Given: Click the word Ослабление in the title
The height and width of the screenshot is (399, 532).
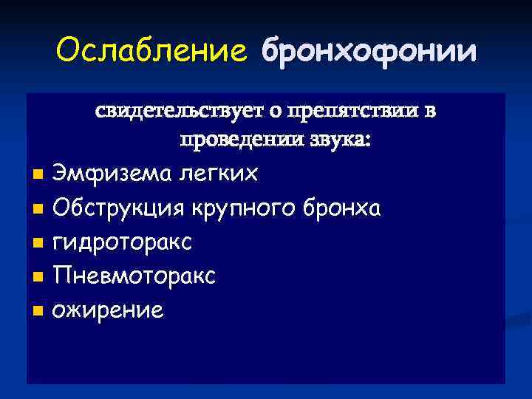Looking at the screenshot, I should coord(151,52).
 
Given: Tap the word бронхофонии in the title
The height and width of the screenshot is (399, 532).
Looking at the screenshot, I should coord(369,52).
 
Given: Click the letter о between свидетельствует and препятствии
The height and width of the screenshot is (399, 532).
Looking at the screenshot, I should coord(274,112).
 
